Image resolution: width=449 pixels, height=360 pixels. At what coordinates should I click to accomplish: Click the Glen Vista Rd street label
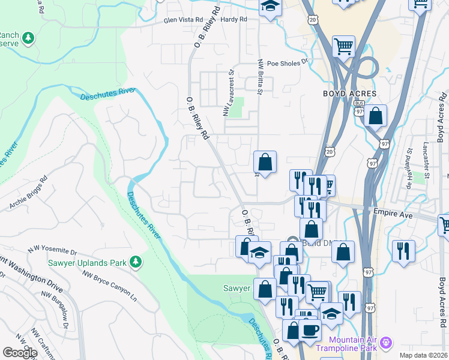coord(184,20)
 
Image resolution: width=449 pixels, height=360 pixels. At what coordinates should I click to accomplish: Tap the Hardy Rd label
coord(234,20)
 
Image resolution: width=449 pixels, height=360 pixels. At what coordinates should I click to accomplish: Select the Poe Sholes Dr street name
coord(287,62)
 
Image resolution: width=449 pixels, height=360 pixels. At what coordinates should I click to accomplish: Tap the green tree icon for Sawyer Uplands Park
coord(137,262)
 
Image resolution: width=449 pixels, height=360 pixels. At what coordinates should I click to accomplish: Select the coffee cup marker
coord(310,330)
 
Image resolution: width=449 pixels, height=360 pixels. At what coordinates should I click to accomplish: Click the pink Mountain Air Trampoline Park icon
coord(387,343)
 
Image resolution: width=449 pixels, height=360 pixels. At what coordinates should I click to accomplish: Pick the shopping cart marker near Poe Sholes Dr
coord(343,46)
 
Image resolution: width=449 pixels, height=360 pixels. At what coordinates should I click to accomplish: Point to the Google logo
coord(20,353)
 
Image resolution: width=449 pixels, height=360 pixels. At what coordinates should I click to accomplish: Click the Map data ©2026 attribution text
coord(423,355)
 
